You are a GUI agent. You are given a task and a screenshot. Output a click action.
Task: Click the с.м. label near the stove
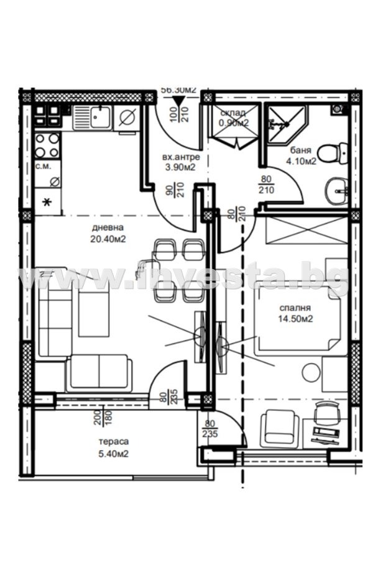tap(43, 166)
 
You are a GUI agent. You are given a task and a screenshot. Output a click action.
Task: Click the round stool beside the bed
tap(310, 373)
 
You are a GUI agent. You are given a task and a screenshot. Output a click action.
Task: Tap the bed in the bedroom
tap(298, 317)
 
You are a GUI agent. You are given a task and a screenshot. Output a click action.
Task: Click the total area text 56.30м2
tap(178, 90)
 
